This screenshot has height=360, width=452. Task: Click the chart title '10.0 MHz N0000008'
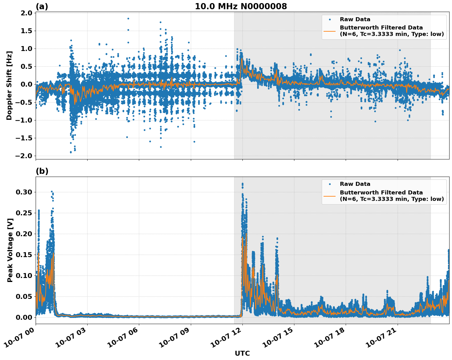point(241,6)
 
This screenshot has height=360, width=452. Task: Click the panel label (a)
point(42,6)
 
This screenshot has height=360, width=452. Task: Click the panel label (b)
point(42,171)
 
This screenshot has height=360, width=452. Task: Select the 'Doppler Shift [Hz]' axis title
point(9,85)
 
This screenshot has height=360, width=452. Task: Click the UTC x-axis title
point(242,353)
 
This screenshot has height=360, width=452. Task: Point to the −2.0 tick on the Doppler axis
point(23,156)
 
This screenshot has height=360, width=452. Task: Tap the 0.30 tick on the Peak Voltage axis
point(24,192)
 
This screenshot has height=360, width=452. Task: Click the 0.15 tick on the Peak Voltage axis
point(24,255)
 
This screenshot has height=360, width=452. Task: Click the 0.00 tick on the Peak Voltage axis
point(24,317)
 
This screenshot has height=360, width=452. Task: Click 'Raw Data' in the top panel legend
point(355,19)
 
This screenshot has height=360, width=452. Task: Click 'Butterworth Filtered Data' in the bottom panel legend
point(381,193)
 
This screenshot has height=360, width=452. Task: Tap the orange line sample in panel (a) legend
point(330,31)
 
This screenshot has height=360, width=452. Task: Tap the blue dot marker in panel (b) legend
point(330,184)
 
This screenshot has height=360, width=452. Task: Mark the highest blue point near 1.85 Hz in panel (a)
point(128,18)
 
